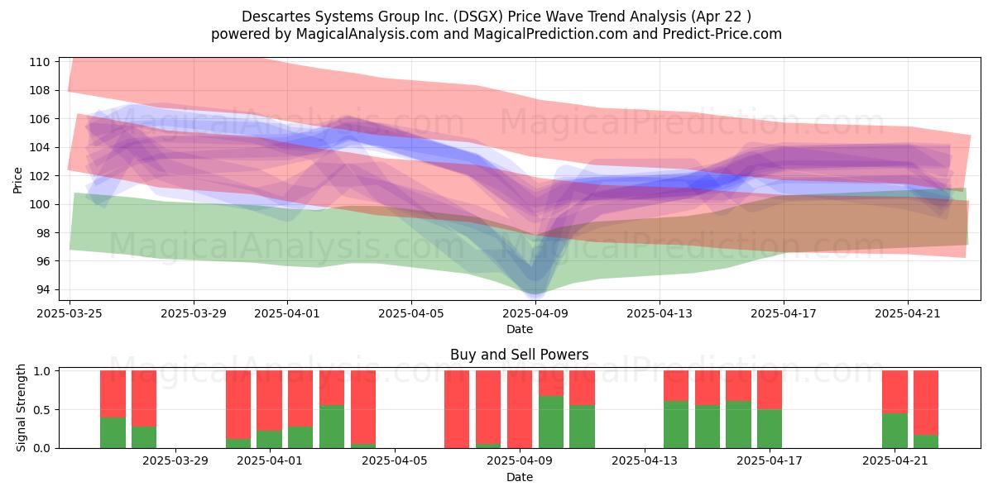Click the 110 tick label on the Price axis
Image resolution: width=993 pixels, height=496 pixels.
(x=39, y=62)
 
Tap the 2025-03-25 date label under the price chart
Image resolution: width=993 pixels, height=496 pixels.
(x=70, y=313)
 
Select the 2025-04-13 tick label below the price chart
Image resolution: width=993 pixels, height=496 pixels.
(x=660, y=313)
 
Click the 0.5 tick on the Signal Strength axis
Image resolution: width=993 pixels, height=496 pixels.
(x=41, y=410)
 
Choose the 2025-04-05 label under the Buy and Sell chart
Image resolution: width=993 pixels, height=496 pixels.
(x=395, y=461)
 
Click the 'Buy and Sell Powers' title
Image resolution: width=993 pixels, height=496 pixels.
(x=520, y=355)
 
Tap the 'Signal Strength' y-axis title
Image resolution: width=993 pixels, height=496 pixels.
(x=21, y=408)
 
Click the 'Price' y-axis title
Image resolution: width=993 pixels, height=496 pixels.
(x=17, y=180)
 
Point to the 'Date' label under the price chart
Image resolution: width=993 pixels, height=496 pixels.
(x=520, y=329)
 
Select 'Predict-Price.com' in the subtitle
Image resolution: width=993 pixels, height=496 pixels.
(x=722, y=34)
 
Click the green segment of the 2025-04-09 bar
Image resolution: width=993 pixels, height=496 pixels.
(x=551, y=422)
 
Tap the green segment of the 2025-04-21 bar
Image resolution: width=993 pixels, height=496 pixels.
(x=895, y=431)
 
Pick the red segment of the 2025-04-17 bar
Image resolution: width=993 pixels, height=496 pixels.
(x=770, y=389)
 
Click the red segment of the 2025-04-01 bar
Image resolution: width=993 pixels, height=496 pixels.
(x=269, y=400)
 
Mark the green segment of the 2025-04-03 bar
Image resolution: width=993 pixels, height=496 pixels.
(x=332, y=427)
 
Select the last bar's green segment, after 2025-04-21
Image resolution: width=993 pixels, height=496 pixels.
(x=926, y=441)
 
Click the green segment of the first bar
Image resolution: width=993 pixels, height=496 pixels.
(x=113, y=432)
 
